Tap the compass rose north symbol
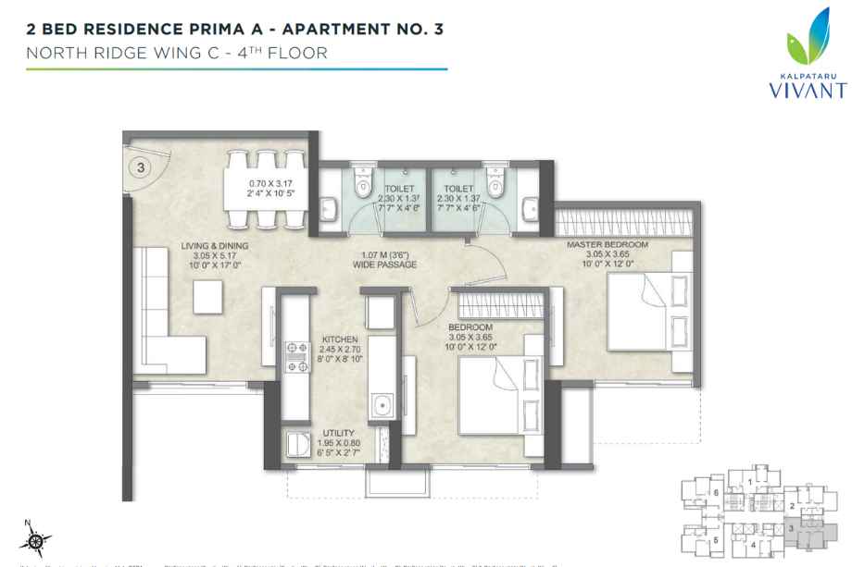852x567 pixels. (36, 540)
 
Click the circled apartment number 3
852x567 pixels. (140, 167)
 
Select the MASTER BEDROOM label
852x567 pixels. (608, 244)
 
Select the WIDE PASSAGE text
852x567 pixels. (384, 265)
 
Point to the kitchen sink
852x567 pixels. (381, 404)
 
